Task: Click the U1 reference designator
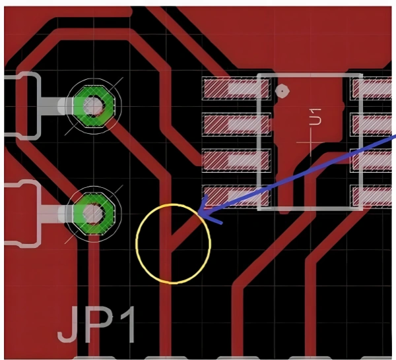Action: [x=315, y=117]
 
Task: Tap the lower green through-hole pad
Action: [x=93, y=213]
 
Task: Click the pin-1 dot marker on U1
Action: [x=282, y=91]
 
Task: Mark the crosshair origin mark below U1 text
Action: [x=310, y=141]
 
